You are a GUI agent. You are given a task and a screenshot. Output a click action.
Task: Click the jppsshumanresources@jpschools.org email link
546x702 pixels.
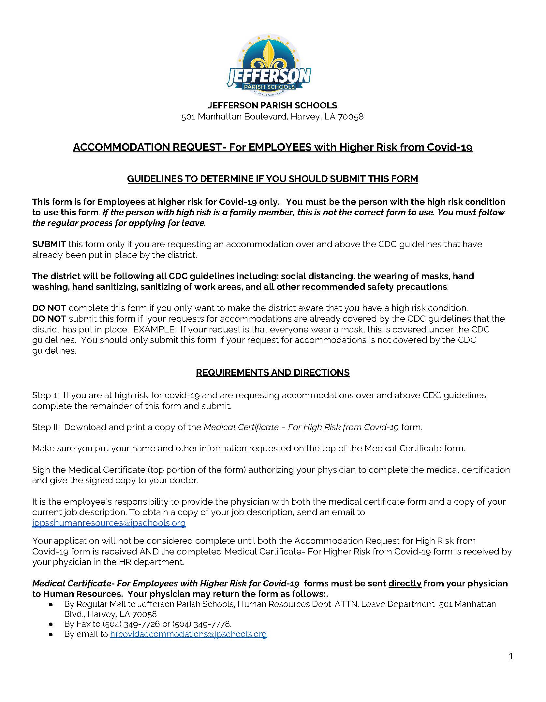[109, 523]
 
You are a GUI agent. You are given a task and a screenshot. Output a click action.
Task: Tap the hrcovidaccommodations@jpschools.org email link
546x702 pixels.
[188, 634]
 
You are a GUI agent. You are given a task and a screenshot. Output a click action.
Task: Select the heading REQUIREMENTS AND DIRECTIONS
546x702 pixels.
[273, 372]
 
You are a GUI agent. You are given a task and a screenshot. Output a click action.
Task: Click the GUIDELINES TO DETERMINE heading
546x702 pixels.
[273, 179]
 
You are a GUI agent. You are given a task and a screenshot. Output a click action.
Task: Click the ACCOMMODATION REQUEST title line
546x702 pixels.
[273, 147]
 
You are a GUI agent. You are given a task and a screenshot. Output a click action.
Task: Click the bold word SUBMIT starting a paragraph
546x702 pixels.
[49, 244]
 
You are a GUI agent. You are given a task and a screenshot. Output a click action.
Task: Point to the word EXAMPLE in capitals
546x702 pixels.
[154, 329]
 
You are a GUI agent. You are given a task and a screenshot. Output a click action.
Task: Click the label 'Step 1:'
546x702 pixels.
[45, 395]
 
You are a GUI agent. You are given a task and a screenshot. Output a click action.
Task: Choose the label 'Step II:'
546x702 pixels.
[46, 427]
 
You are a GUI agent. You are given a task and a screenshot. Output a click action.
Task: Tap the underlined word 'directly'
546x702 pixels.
[405, 583]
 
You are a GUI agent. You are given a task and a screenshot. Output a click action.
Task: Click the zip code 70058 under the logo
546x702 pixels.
[350, 117]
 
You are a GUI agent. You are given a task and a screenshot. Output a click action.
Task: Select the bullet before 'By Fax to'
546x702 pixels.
[51, 624]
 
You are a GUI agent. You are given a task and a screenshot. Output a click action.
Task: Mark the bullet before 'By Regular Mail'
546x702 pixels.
[51, 604]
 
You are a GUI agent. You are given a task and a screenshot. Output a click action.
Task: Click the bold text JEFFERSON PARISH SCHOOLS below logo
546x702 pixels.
[273, 105]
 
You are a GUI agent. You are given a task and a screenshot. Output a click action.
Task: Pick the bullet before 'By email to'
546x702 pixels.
[51, 634]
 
